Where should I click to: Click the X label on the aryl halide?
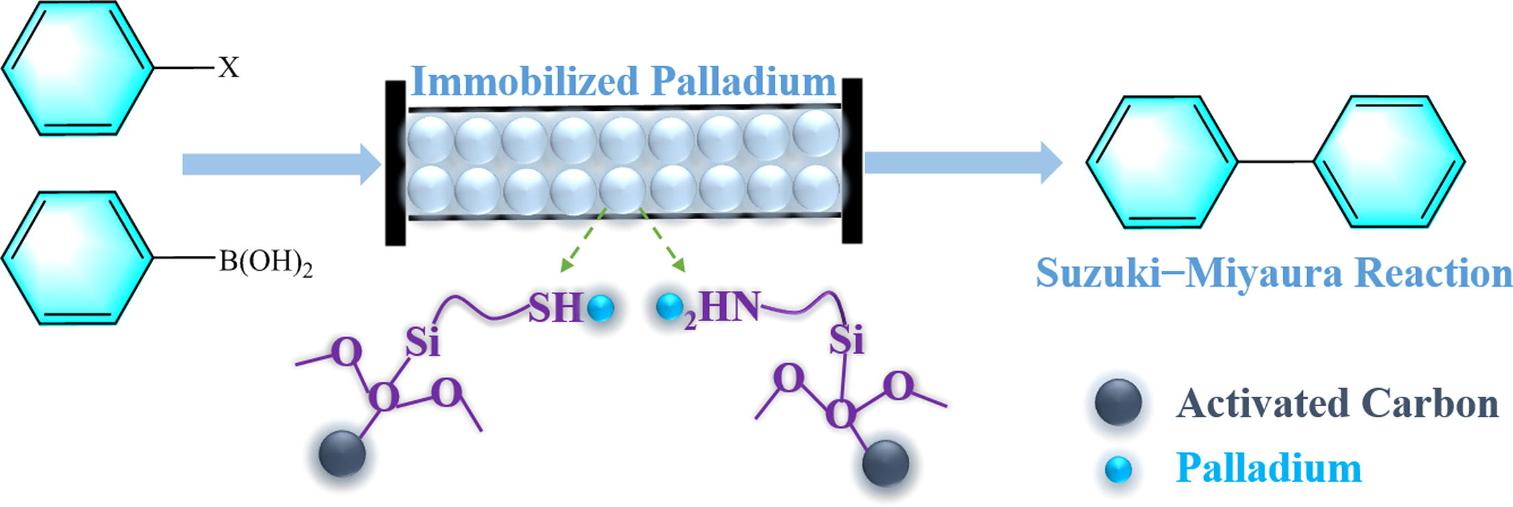[x=229, y=68]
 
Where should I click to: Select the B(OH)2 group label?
[x=265, y=263]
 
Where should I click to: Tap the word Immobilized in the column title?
[x=524, y=81]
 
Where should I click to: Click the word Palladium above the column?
[x=743, y=81]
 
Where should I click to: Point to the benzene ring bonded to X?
[x=77, y=68]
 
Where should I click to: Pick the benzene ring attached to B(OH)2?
[x=77, y=258]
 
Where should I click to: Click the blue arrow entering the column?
[x=280, y=164]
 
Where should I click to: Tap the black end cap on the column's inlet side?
[x=395, y=163]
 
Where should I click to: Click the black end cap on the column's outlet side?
[x=852, y=161]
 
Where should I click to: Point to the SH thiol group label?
[x=555, y=308]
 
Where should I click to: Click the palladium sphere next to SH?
[x=601, y=309]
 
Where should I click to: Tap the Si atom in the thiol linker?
[x=422, y=342]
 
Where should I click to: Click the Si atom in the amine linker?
[x=846, y=340]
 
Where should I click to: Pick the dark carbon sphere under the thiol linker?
[x=343, y=454]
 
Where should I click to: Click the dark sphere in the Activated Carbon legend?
[x=1118, y=402]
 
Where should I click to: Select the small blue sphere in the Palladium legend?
[x=1119, y=470]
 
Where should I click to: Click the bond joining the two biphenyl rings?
[x=1276, y=162]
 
